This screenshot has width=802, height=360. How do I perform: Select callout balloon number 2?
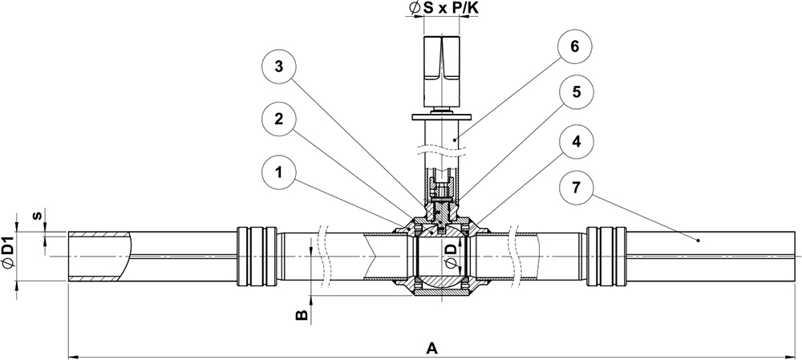coord(277,119)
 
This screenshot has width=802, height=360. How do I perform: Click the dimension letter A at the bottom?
coord(431,349)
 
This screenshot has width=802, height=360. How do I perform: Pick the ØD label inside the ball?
coord(451,256)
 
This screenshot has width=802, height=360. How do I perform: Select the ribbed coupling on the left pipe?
coord(257,257)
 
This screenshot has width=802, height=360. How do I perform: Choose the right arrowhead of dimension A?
coord(796,355)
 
